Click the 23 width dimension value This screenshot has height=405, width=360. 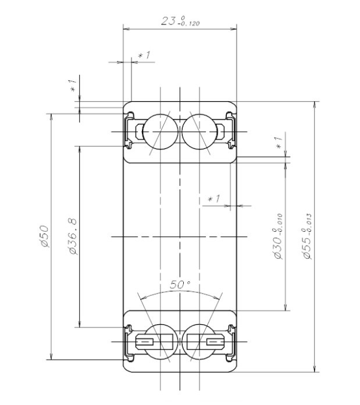168,21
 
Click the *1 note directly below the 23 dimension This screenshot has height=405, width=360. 144,55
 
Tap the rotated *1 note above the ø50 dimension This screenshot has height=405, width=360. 73,85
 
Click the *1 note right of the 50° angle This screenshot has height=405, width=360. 214,199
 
